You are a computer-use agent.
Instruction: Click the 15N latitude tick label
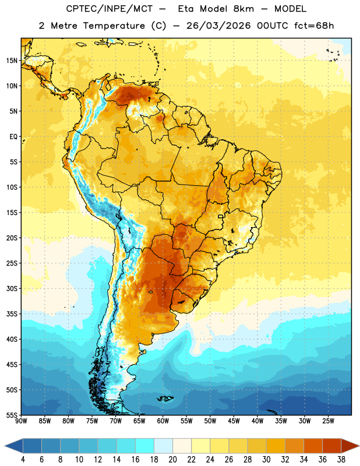[x=12, y=61]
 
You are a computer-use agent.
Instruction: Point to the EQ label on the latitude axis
[x=13, y=137]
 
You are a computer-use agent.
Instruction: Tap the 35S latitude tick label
[x=12, y=314]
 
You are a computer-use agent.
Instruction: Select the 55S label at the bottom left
[x=12, y=415]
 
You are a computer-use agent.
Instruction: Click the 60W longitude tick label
[x=163, y=421]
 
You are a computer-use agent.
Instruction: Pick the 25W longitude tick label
[x=328, y=421]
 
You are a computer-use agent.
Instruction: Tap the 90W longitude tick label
[x=21, y=421]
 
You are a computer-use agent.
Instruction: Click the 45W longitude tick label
[x=234, y=421]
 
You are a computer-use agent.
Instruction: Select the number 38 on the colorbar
[x=341, y=460]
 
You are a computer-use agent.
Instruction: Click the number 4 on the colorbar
[x=23, y=460]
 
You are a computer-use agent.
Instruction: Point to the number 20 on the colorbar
[x=172, y=460]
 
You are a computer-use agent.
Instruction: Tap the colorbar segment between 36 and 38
[x=332, y=446]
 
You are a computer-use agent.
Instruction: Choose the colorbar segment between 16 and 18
[x=145, y=446]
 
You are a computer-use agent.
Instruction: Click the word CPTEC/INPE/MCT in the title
[x=109, y=9]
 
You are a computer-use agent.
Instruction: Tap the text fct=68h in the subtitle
[x=314, y=26]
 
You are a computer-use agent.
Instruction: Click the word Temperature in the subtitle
[x=114, y=26]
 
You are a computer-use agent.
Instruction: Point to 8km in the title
[x=243, y=9]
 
